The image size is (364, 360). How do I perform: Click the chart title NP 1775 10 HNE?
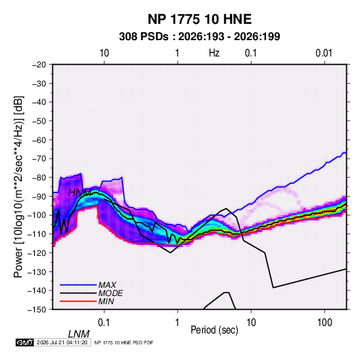point(199,19)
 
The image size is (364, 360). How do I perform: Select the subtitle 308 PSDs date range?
point(199,37)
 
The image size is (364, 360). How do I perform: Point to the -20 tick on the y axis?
point(39,65)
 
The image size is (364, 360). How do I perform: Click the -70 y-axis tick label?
point(39,159)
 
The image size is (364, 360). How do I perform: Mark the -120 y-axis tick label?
point(37,252)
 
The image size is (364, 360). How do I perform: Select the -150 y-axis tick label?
point(37,310)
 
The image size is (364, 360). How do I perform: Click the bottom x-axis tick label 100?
point(325,323)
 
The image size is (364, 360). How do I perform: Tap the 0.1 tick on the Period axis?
point(104,323)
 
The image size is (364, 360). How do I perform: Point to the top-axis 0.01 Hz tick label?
point(324,53)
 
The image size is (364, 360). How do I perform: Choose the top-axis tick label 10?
point(104,53)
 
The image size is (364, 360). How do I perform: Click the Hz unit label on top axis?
point(214,53)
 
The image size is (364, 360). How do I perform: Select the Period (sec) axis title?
point(214,330)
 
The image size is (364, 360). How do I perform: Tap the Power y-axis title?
point(18,187)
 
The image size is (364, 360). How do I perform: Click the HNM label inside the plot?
point(80,193)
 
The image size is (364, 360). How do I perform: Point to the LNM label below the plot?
point(79,334)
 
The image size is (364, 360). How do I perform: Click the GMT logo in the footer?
point(25,342)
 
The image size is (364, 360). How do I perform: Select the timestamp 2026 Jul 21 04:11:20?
point(62,342)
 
